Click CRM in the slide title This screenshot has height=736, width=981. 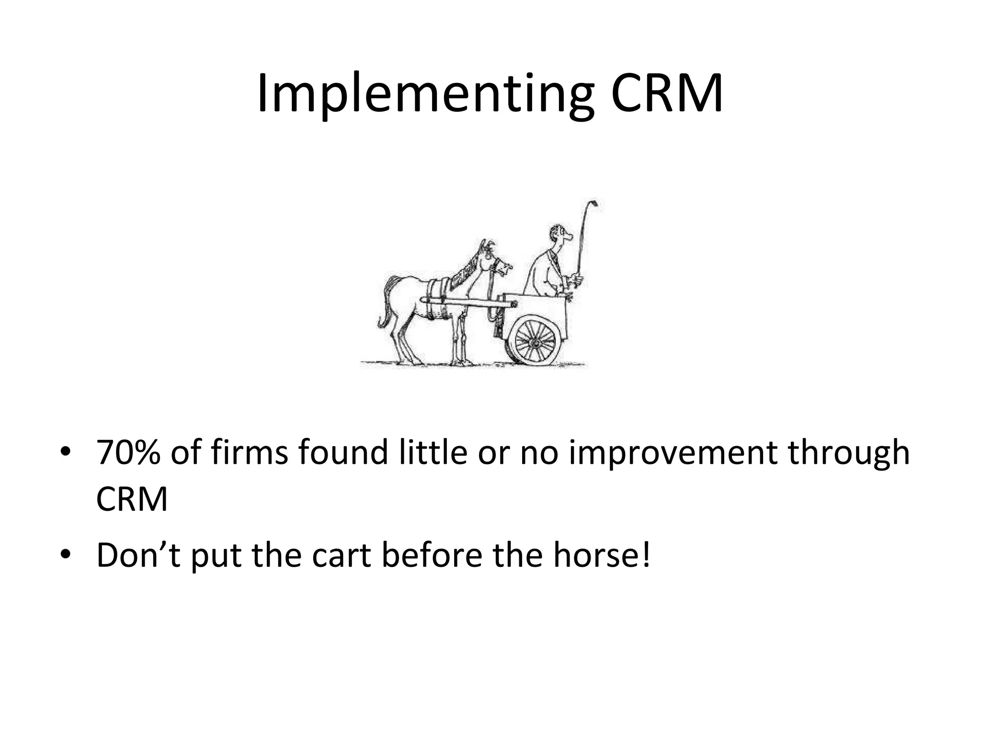click(667, 94)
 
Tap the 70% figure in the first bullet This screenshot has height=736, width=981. click(128, 452)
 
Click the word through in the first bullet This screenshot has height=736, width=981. click(849, 453)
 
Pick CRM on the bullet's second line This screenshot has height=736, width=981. click(132, 499)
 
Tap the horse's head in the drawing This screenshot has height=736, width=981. click(493, 261)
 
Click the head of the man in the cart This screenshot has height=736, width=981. click(560, 235)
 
